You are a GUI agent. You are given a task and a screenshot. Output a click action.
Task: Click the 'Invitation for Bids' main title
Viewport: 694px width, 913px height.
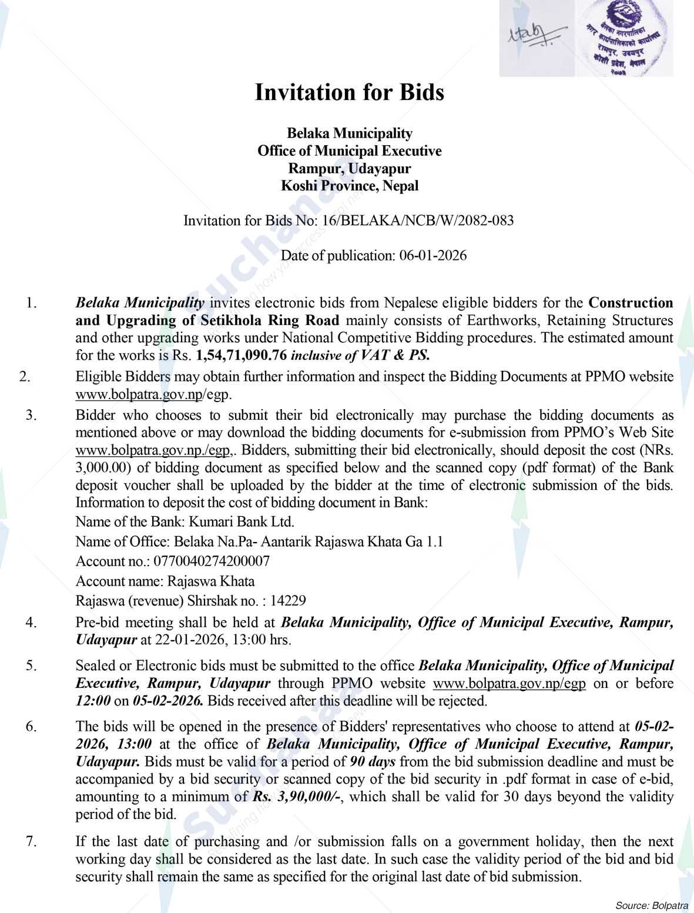349,93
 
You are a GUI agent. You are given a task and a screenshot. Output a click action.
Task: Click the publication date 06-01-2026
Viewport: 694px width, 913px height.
433,256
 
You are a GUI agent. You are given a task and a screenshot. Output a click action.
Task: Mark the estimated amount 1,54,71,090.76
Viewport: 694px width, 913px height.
242,356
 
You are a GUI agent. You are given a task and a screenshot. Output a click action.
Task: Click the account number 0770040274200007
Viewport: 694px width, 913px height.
212,561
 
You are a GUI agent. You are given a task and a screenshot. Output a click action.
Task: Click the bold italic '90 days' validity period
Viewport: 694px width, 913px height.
373,762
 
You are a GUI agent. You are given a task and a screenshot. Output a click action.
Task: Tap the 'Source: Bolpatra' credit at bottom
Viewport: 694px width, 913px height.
652,904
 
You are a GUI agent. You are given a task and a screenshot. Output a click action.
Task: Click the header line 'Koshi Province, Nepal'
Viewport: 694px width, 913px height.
349,186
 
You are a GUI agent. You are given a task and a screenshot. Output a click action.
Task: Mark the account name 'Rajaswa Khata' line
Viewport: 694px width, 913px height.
165,581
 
